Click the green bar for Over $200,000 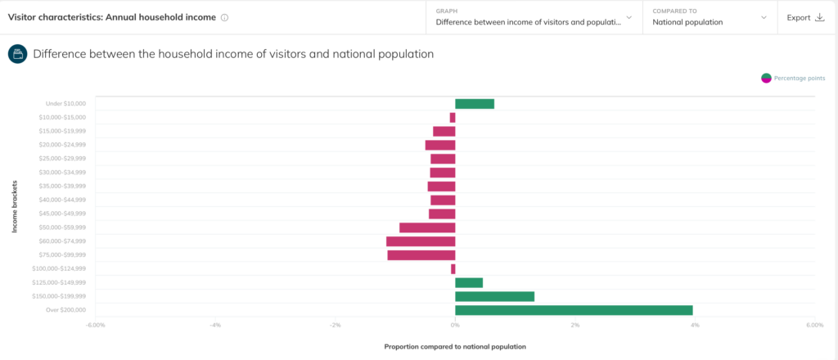click(x=574, y=310)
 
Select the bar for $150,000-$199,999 click(x=494, y=296)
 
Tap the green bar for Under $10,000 click(x=475, y=104)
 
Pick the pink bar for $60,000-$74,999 click(x=421, y=241)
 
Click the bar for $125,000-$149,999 click(x=469, y=282)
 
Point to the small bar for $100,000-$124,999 click(x=453, y=269)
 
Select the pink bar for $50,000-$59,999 click(x=427, y=227)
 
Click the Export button click(x=805, y=17)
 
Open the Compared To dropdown click(x=709, y=17)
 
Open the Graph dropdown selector click(x=534, y=17)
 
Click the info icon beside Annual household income click(x=225, y=18)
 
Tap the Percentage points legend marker click(x=766, y=78)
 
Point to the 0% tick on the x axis click(x=455, y=325)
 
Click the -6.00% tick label click(x=96, y=325)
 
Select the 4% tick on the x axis click(x=694, y=325)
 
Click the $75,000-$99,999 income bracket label click(x=62, y=255)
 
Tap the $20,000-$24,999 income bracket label click(x=62, y=145)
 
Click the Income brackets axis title click(x=15, y=206)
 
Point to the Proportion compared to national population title click(x=455, y=346)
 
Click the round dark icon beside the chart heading click(x=17, y=54)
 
